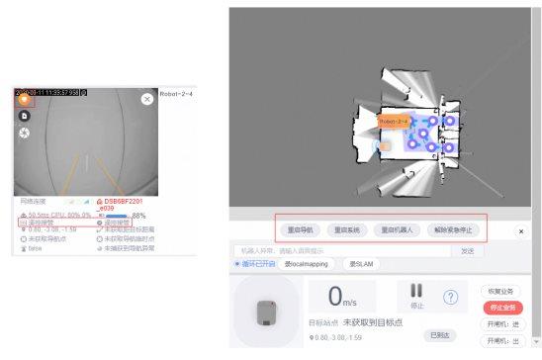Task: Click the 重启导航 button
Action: point(298,229)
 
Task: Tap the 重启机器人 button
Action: point(398,229)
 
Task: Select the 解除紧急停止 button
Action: point(454,229)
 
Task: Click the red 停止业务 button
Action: point(501,308)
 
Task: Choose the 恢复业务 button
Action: point(500,292)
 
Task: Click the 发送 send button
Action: point(467,251)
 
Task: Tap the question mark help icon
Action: point(450,297)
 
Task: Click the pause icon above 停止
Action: point(415,291)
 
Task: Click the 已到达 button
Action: point(440,336)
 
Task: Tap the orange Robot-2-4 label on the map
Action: point(394,122)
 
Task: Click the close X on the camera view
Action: point(147,99)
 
